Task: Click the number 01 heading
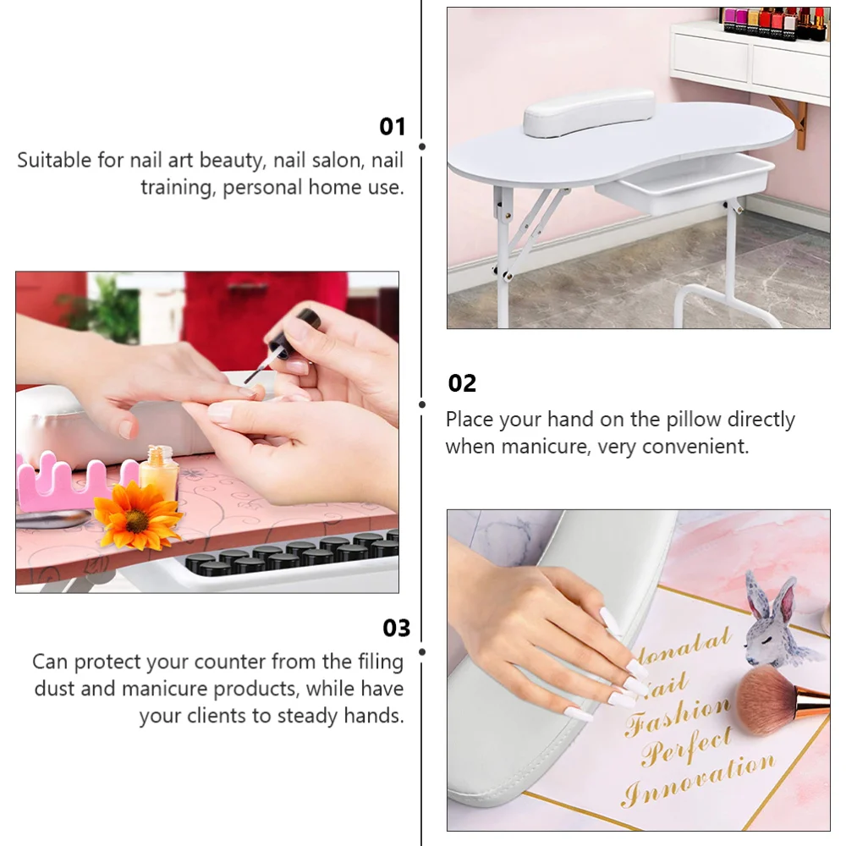tap(393, 127)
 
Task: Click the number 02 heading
tap(462, 383)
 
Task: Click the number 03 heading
tap(396, 628)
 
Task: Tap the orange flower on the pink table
tap(136, 515)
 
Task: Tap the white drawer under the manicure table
tap(684, 181)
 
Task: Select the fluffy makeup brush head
tap(766, 699)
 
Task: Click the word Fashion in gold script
tap(677, 715)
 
